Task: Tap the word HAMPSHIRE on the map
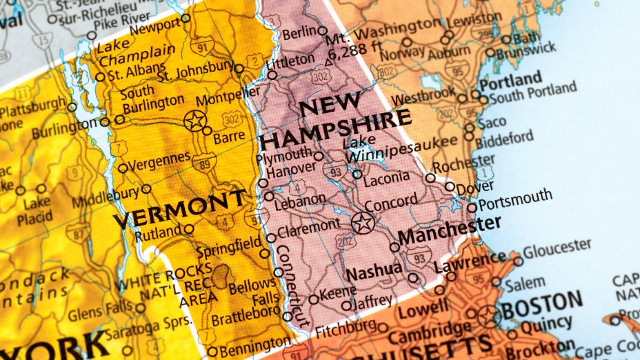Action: pyautogui.click(x=336, y=129)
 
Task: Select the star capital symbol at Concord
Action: pyautogui.click(x=362, y=222)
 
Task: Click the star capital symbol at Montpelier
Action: pyautogui.click(x=195, y=121)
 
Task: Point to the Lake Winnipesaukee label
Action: pyautogui.click(x=400, y=150)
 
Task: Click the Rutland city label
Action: pyautogui.click(x=159, y=234)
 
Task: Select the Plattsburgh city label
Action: pyautogui.click(x=31, y=109)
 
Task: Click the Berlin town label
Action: pyautogui.click(x=298, y=32)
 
